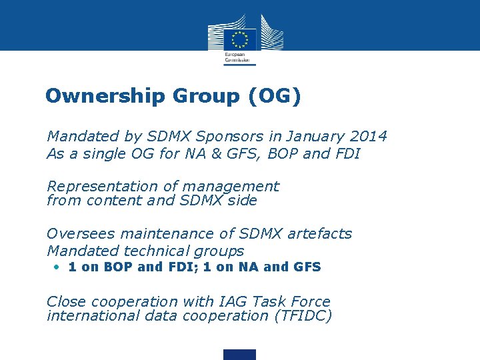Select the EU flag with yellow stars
point(241,38)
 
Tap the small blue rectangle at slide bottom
point(239,354)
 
